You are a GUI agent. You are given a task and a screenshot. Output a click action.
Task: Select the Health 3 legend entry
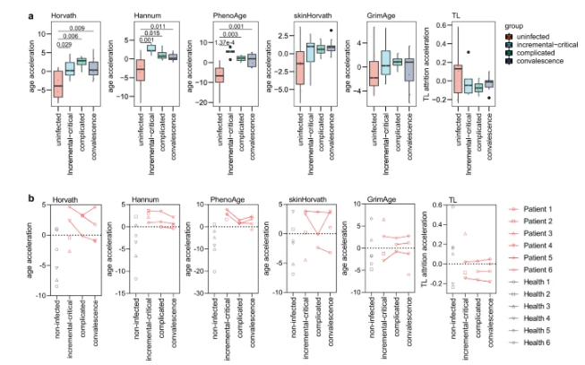(536, 306)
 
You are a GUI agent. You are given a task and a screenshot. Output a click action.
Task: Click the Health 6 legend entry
(536, 342)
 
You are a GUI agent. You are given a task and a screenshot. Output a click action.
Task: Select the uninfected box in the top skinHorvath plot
(300, 67)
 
